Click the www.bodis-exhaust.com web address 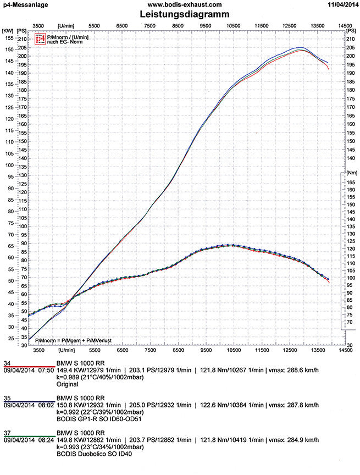tap(180, 4)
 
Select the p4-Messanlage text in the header tap(25, 4)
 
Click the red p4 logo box tap(40, 39)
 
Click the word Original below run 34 tap(68, 385)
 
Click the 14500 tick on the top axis tap(345, 25)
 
